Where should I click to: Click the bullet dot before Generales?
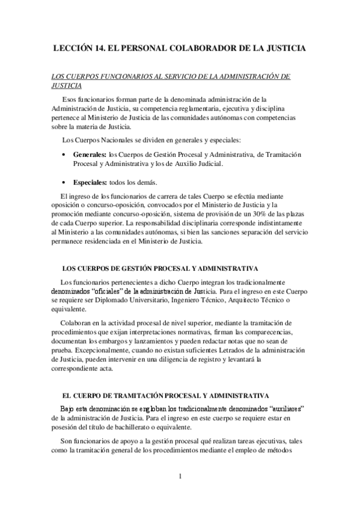(x=64, y=155)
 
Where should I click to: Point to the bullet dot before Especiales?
(x=64, y=182)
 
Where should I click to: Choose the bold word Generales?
(x=89, y=155)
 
